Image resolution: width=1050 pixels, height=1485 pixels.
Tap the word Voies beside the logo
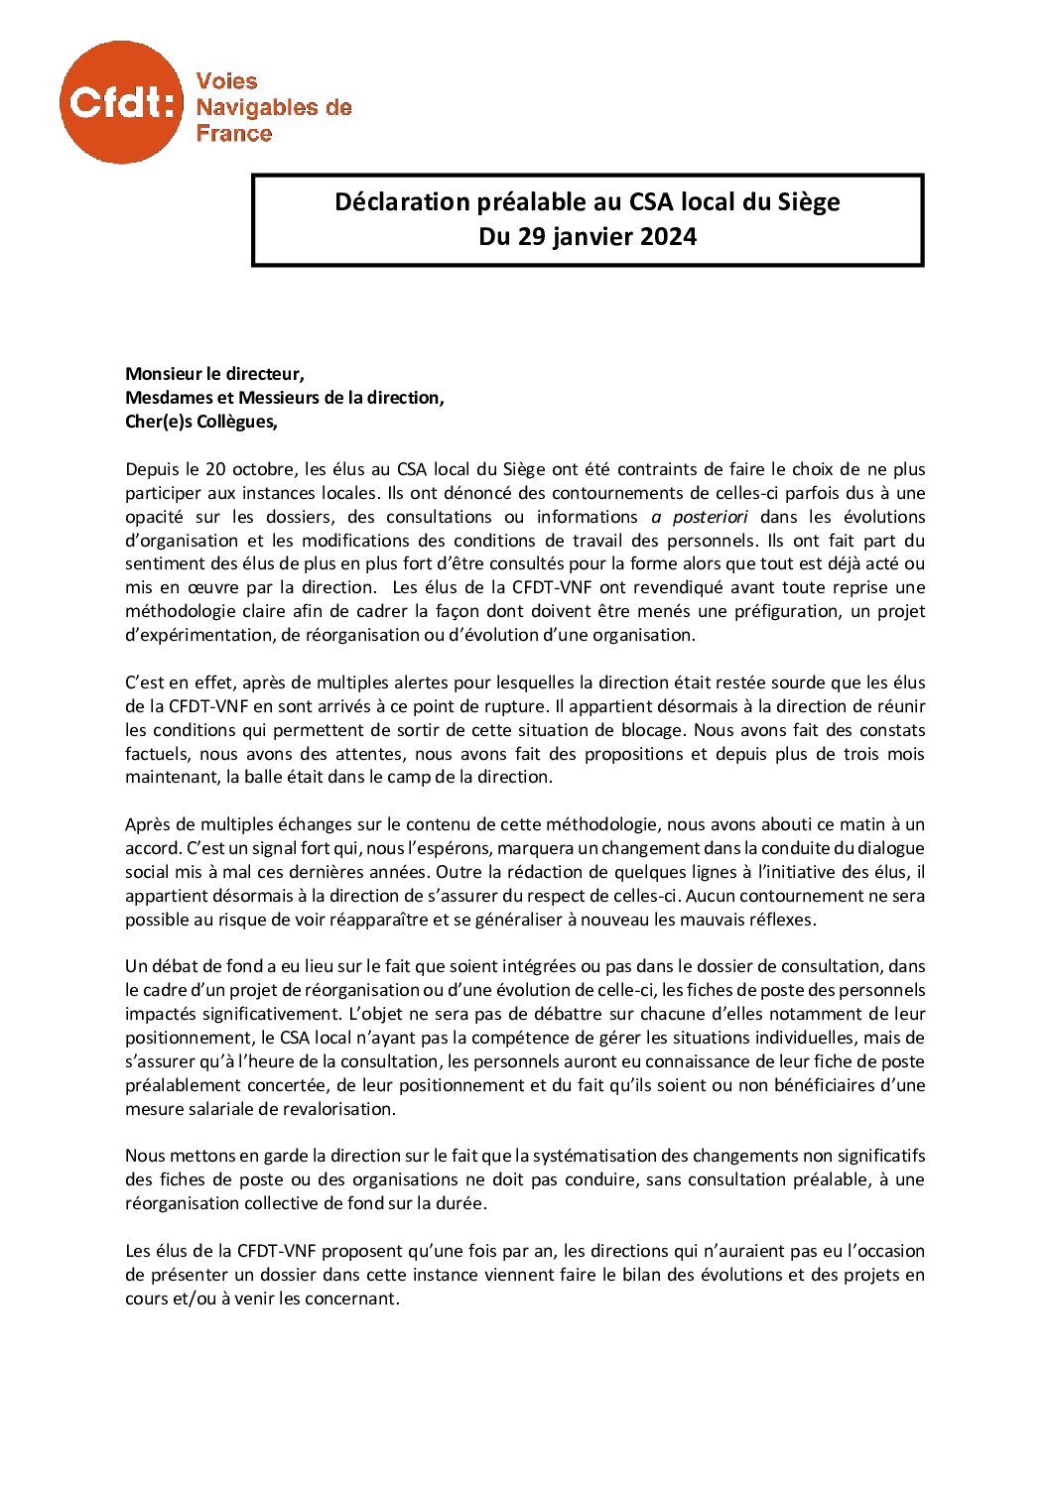227,81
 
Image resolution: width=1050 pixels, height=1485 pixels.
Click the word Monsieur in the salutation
163,374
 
